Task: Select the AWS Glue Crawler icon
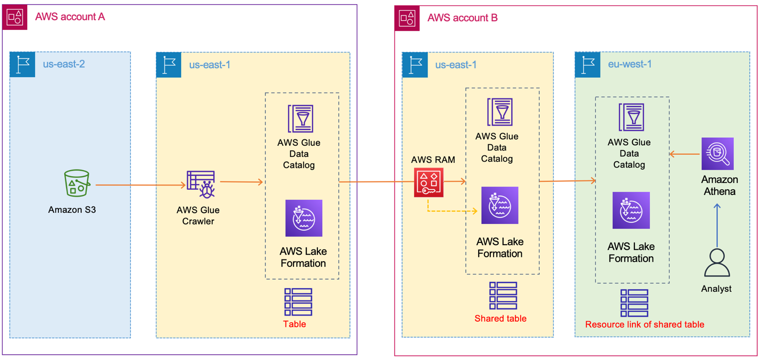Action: [x=200, y=184]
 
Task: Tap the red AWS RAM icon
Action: [x=429, y=182]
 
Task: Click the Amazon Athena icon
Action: [x=717, y=154]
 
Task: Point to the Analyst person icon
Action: [x=716, y=263]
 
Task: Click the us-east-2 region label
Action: [x=64, y=65]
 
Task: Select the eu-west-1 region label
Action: [x=630, y=64]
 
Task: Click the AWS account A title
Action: [x=70, y=17]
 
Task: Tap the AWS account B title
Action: [x=462, y=18]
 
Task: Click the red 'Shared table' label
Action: [x=500, y=319]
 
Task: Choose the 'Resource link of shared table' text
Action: [x=645, y=324]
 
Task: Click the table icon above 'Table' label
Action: [x=298, y=302]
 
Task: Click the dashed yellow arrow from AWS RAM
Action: [x=452, y=212]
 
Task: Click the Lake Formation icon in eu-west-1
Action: [x=631, y=211]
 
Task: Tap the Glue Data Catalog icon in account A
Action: [x=300, y=119]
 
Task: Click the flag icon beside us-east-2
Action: [x=22, y=65]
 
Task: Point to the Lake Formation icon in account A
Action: [x=304, y=218]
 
